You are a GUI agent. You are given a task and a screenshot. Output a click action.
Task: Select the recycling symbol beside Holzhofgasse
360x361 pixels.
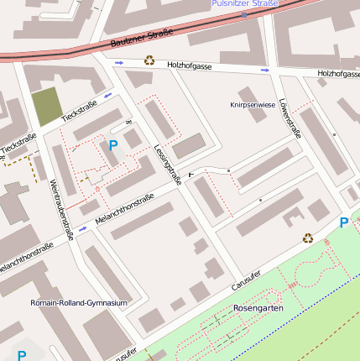[149, 60]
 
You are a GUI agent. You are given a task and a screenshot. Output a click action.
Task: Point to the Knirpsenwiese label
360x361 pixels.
[252, 105]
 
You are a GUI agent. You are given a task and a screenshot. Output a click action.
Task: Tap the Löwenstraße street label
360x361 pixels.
[291, 118]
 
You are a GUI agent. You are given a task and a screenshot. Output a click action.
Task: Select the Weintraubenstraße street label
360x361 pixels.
[61, 210]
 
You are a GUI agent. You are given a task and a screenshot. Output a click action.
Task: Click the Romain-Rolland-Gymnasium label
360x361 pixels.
[78, 302]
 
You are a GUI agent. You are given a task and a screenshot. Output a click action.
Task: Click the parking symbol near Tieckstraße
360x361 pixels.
[113, 145]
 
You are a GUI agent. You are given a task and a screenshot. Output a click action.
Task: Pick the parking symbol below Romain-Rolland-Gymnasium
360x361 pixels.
[22, 356]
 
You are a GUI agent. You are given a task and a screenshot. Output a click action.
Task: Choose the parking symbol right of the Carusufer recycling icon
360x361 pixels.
[343, 222]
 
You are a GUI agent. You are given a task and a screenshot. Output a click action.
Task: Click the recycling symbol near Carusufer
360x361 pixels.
[308, 238]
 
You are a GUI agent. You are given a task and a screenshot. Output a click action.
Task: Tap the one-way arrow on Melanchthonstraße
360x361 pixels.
[83, 228]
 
